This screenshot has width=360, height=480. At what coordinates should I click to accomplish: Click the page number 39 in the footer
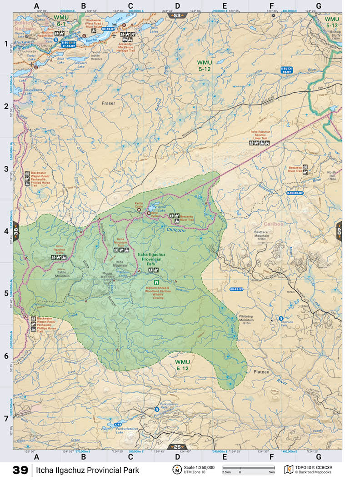click(20, 470)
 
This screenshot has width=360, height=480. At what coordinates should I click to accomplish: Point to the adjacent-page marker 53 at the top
click(177, 15)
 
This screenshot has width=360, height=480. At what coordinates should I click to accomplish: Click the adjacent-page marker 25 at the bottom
click(177, 447)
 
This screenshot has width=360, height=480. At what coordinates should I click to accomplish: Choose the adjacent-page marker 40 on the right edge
click(340, 230)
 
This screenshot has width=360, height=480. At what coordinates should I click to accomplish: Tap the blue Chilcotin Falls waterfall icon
click(281, 318)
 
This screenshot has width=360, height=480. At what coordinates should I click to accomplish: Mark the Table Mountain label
click(62, 274)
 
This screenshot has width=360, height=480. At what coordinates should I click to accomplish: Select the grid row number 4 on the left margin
click(6, 231)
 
